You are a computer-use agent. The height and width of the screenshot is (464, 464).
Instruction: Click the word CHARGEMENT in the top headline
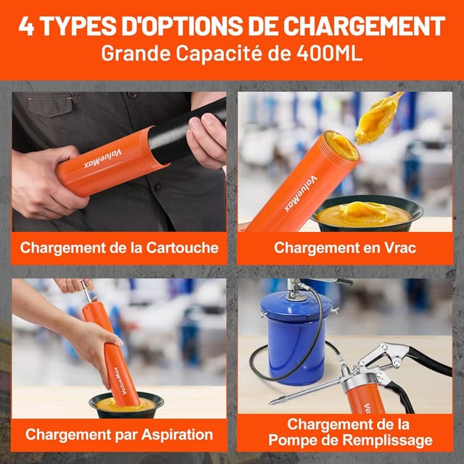pos(364,26)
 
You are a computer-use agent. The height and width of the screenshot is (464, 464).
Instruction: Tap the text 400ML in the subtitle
pos(329,53)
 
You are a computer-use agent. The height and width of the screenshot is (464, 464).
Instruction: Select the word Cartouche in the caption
pos(182,248)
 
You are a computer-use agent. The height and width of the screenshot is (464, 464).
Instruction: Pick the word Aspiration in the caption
pos(177,435)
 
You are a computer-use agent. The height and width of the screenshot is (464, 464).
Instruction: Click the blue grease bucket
pos(295,337)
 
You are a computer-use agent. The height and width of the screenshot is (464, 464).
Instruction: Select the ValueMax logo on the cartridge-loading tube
pos(103,159)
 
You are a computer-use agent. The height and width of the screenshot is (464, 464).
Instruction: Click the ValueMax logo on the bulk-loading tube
pos(301,194)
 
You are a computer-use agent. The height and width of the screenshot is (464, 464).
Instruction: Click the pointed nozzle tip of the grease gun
pos(270,403)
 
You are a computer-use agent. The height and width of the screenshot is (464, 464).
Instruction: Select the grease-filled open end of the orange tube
pos(341,146)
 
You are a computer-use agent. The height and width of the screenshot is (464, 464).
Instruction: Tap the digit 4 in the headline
pos(26,26)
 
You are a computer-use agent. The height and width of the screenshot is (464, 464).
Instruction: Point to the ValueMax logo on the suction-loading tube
pos(120,381)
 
